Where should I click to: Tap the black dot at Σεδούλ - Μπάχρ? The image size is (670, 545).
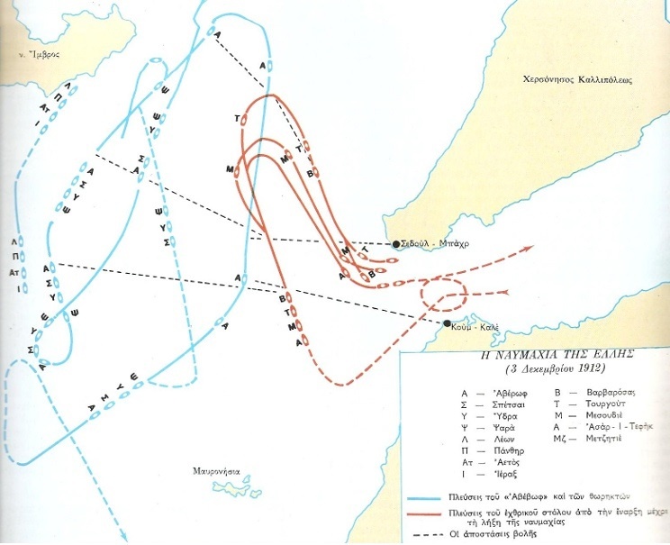[x=395, y=243]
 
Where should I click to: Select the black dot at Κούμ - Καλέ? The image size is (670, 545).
[x=447, y=322]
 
